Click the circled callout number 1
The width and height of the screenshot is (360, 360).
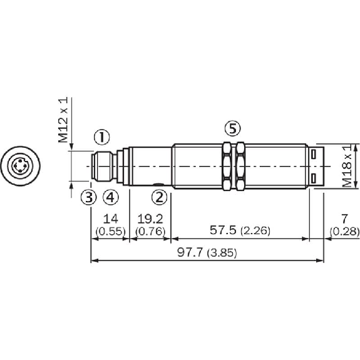pyautogui.click(x=101, y=136)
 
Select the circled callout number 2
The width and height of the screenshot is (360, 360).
pyautogui.click(x=160, y=198)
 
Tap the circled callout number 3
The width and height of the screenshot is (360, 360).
pyautogui.click(x=89, y=198)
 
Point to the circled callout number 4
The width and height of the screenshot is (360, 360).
pyautogui.click(x=110, y=198)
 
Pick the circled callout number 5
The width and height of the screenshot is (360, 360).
pyautogui.click(x=232, y=129)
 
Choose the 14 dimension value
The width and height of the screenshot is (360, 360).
pyautogui.click(x=110, y=220)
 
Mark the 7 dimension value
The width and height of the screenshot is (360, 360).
pyautogui.click(x=343, y=220)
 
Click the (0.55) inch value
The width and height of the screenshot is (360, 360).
pyautogui.click(x=110, y=232)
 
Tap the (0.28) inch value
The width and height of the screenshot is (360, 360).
pyautogui.click(x=343, y=232)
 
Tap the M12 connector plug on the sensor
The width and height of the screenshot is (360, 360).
pyautogui.click(x=101, y=167)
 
